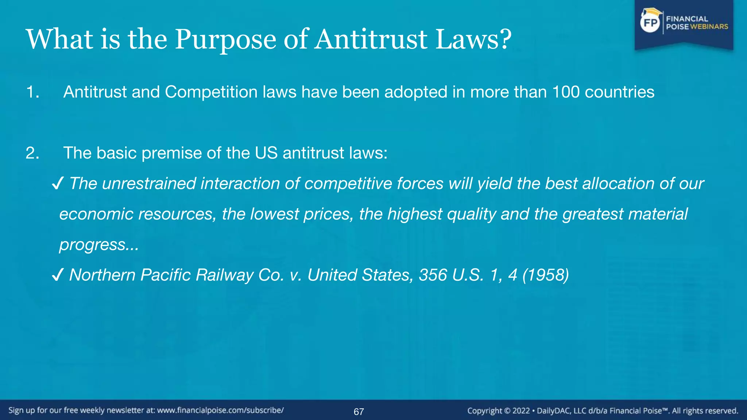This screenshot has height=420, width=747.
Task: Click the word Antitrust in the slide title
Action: click(x=371, y=39)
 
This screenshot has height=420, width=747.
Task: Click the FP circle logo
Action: click(x=650, y=23)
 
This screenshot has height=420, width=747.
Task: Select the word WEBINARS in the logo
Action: click(x=709, y=27)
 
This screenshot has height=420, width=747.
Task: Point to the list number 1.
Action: click(x=32, y=92)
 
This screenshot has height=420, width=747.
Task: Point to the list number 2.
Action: click(x=32, y=153)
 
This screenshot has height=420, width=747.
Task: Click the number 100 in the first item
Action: click(x=566, y=92)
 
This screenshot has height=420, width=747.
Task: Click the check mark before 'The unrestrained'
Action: click(x=58, y=183)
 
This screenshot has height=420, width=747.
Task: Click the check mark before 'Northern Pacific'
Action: click(x=58, y=275)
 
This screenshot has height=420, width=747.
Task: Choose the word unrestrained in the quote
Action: click(x=149, y=183)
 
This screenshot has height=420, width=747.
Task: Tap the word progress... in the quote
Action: click(x=99, y=245)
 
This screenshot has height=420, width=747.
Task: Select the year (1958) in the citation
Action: click(x=546, y=275)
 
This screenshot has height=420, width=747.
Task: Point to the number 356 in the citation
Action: click(x=433, y=275)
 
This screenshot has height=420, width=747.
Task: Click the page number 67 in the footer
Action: click(x=359, y=412)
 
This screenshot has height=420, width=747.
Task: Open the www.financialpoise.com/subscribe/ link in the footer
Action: click(x=220, y=410)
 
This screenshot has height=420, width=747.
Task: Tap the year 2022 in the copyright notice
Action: click(x=521, y=411)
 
